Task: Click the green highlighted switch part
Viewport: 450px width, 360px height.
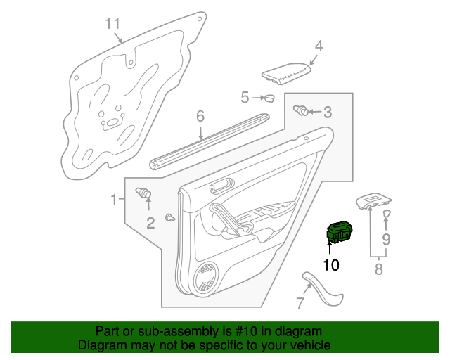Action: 338,232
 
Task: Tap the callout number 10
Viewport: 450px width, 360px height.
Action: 330,265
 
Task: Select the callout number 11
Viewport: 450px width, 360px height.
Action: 113,23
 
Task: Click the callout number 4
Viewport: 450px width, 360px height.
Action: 319,46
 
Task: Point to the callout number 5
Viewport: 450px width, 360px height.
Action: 245,97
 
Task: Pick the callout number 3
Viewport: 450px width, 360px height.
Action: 328,112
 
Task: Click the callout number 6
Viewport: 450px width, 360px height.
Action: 200,116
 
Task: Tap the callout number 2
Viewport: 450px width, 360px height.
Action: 150,224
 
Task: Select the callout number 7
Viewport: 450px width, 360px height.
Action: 300,304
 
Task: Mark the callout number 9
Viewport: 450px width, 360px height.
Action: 386,239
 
